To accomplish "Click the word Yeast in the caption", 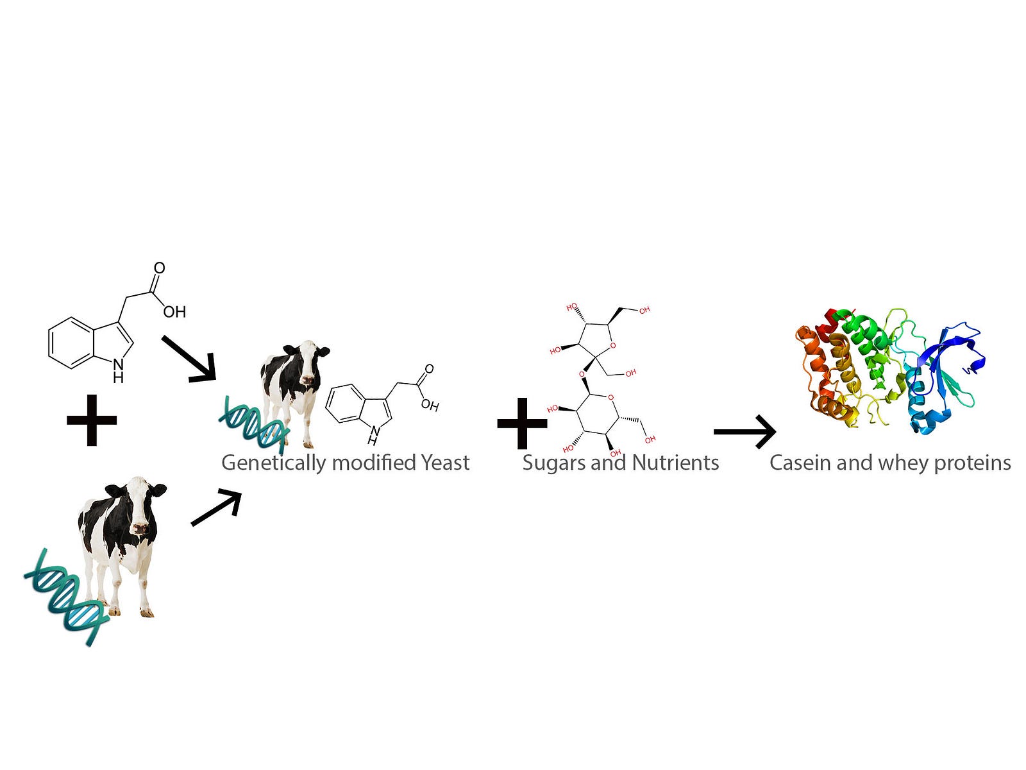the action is (445, 463).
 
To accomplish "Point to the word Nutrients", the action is (675, 463).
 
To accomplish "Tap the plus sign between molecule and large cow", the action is (92, 420).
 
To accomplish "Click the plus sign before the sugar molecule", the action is (522, 424).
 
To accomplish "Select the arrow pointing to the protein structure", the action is (744, 431).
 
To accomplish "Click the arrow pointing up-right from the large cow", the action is (216, 508).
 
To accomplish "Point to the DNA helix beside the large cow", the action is (67, 597).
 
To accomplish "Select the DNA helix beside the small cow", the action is (253, 425).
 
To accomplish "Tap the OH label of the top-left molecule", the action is (174, 312).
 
